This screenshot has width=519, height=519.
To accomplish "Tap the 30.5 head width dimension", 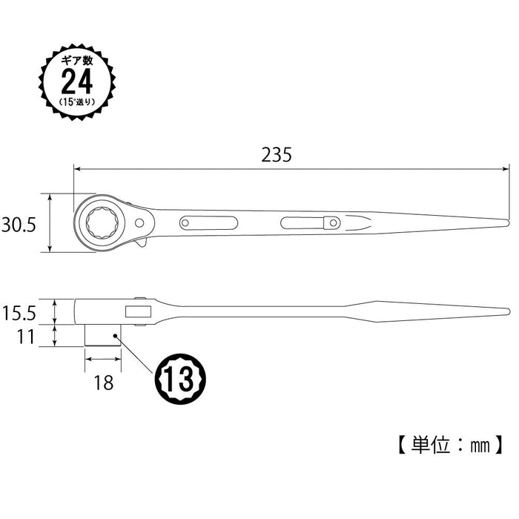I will [19, 225].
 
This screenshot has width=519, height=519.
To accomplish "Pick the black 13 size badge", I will [180, 377].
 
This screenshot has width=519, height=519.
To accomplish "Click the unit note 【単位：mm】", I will [449, 444].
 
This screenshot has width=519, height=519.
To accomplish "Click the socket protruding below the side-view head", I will [103, 334].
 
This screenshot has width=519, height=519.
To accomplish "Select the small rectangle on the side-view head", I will [137, 309].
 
